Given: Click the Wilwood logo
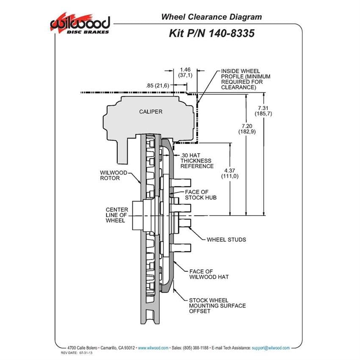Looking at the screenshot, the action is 80,23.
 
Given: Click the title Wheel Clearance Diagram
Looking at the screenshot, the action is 211,17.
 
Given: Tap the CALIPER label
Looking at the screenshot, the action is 151,111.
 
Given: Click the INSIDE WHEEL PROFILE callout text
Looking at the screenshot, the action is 246,79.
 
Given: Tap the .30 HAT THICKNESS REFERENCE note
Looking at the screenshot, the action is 197,161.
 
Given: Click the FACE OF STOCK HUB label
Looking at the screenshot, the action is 201,195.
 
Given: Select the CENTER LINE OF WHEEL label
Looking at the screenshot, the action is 117,215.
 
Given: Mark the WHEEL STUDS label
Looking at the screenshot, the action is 226,239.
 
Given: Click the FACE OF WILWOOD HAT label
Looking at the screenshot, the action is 209,274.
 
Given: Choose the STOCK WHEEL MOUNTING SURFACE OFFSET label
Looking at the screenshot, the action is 217,306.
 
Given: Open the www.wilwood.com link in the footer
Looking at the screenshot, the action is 153,348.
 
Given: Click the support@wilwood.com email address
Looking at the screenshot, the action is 271,348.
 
